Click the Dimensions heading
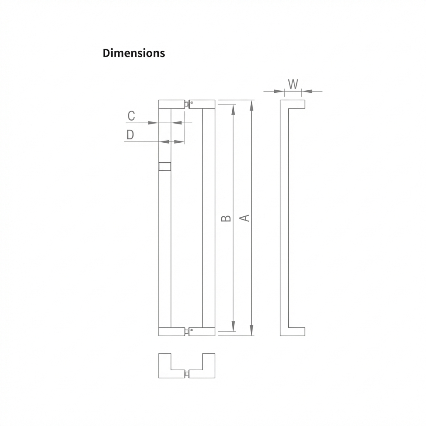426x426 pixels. [134, 53]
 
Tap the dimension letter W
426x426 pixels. [293, 84]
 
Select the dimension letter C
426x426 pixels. [131, 116]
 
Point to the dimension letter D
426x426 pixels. [130, 135]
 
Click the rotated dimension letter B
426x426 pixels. [226, 218]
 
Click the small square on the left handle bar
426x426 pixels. [165, 166]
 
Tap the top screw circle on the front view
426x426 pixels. [192, 102]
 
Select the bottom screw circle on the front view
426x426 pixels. [191, 330]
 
